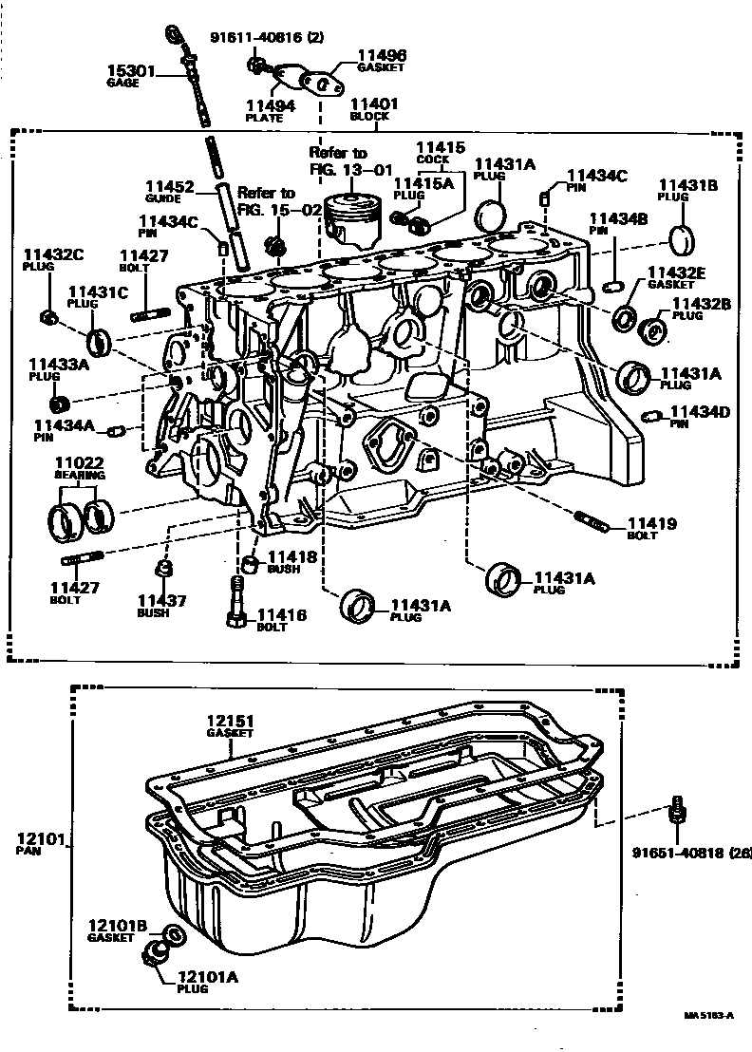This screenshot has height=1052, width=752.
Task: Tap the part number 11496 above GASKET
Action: click(x=381, y=56)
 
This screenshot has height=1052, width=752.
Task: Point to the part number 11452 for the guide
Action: click(x=170, y=187)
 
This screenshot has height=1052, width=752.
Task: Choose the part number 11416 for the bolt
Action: click(x=282, y=616)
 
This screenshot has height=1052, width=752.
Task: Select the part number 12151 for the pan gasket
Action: click(x=232, y=722)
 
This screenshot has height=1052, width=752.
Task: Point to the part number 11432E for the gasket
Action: click(x=676, y=272)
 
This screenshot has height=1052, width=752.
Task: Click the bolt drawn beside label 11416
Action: click(x=236, y=604)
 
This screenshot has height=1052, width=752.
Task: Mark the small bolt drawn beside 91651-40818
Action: click(x=679, y=809)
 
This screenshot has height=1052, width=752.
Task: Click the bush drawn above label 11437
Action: click(x=162, y=570)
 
